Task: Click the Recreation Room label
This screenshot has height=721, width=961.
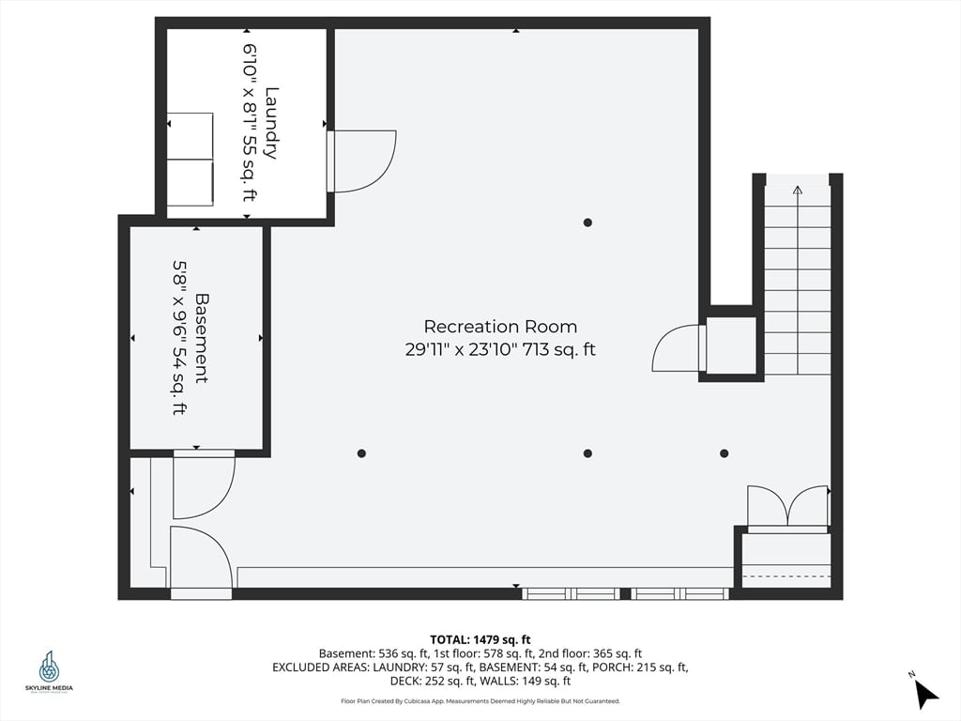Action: pyautogui.click(x=500, y=327)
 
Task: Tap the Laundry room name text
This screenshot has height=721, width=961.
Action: pyautogui.click(x=271, y=123)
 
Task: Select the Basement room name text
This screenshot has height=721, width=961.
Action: pyautogui.click(x=201, y=338)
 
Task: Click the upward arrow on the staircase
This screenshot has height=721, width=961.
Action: pyautogui.click(x=798, y=192)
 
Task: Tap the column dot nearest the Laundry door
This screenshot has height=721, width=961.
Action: pyautogui.click(x=587, y=222)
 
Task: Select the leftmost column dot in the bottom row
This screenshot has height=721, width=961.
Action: pyautogui.click(x=361, y=453)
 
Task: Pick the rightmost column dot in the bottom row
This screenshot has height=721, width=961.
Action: pyautogui.click(x=724, y=453)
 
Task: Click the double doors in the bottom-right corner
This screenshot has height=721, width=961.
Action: pyautogui.click(x=787, y=508)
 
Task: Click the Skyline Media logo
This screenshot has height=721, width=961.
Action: pyautogui.click(x=49, y=672)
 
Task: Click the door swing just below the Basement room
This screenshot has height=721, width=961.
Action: pyautogui.click(x=202, y=486)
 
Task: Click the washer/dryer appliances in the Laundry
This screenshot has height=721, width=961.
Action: pyautogui.click(x=191, y=159)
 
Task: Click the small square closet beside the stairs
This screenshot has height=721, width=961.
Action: pyautogui.click(x=731, y=345)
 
